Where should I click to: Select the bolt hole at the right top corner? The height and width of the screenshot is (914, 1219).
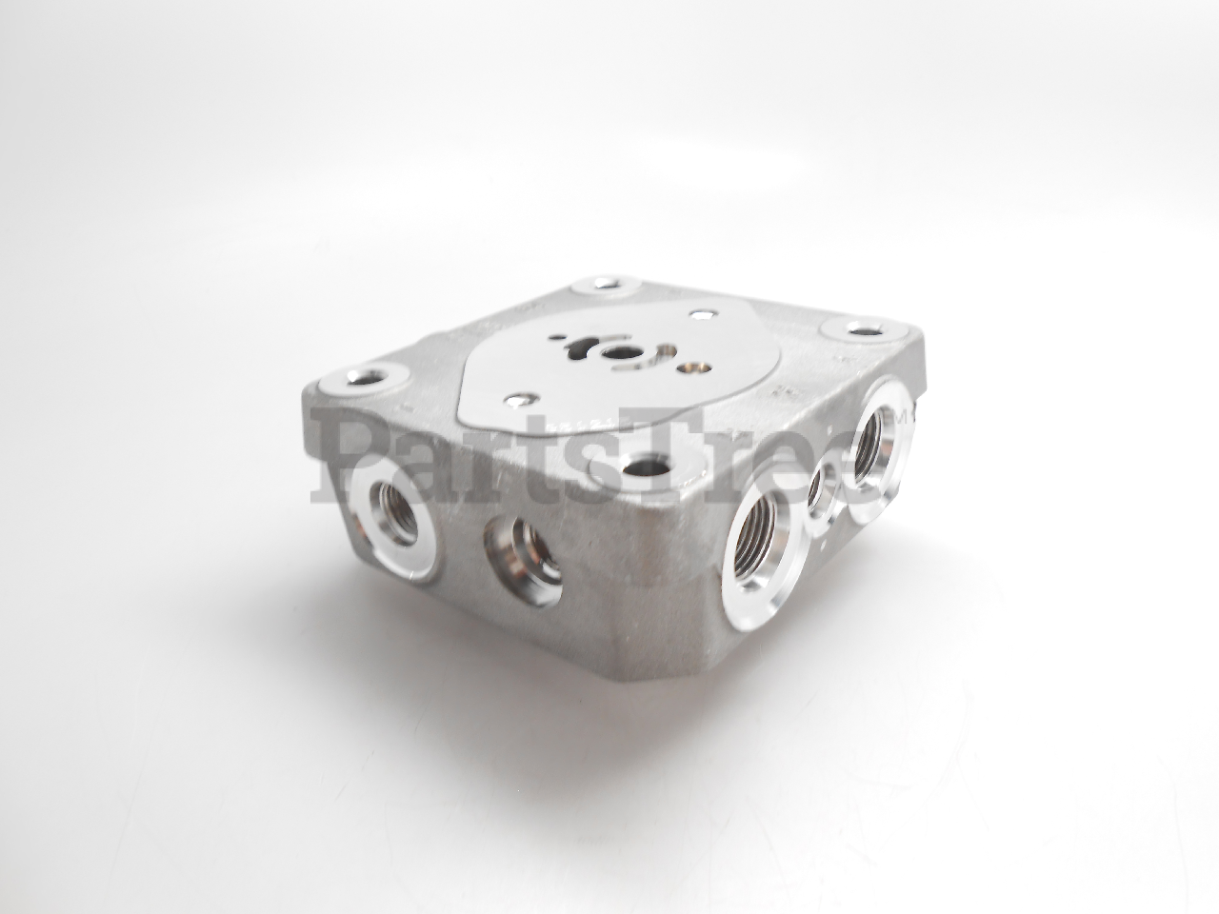click(x=861, y=332)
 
